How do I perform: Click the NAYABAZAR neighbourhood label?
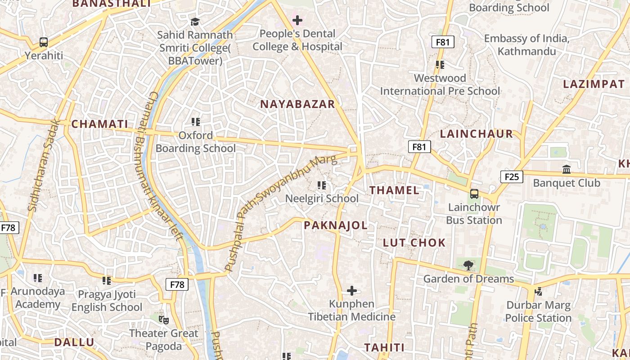click(297, 104)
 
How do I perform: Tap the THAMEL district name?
click(394, 190)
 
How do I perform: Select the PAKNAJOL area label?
click(336, 225)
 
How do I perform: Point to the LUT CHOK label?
click(414, 243)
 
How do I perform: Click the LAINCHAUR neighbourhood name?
click(476, 134)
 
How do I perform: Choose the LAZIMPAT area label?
click(594, 84)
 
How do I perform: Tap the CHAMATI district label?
click(100, 124)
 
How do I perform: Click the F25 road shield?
click(512, 177)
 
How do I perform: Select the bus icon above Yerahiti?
click(44, 42)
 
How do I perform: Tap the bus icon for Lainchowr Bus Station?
click(474, 194)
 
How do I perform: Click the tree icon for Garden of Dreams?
click(468, 265)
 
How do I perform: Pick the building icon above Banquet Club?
click(567, 170)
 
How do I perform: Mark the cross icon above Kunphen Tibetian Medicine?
click(352, 291)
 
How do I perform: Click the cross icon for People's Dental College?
click(297, 20)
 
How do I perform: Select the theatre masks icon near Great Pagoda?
click(164, 320)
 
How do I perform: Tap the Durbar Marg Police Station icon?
click(538, 292)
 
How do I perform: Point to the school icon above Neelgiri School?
click(322, 185)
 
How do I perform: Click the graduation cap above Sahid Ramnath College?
click(195, 22)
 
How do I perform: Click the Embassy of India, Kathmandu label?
click(526, 45)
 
